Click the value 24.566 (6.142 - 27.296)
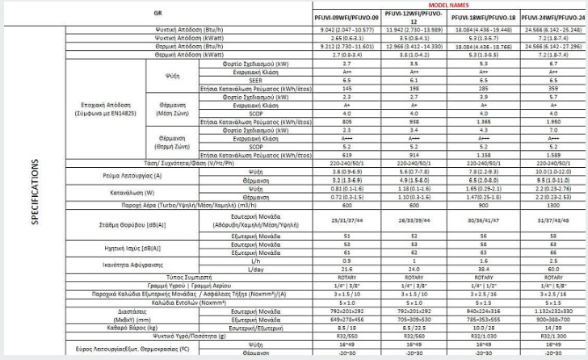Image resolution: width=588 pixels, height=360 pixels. point(554,44)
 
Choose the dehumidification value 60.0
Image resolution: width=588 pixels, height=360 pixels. point(554,268)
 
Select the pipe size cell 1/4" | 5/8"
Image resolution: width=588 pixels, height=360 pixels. point(554,283)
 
